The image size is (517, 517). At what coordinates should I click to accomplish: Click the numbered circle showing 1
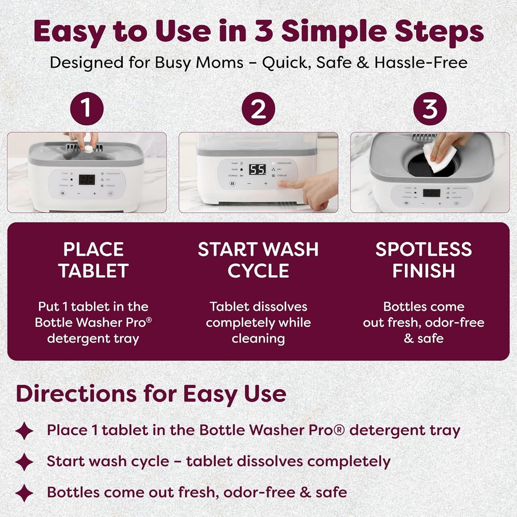click(87, 108)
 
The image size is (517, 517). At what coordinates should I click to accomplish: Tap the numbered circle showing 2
click(258, 108)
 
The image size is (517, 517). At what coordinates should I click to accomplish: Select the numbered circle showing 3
click(430, 108)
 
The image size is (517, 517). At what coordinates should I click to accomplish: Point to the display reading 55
click(258, 169)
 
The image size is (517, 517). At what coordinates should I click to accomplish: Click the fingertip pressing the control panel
click(283, 184)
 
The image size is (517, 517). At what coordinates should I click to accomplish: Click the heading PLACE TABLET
click(93, 260)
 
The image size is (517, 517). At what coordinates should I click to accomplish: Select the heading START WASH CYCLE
click(258, 260)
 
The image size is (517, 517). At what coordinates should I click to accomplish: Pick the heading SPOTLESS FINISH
click(424, 260)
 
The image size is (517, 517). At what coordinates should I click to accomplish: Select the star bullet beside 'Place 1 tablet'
click(24, 431)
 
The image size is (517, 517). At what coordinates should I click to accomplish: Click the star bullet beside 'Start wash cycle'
click(24, 462)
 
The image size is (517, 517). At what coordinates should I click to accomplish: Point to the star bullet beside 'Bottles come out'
click(24, 493)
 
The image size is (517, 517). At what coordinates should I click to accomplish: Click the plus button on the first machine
click(94, 194)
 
